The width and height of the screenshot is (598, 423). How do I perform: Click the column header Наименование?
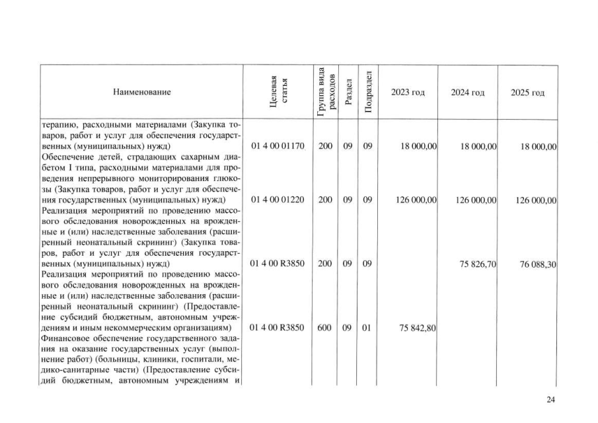pos(141,93)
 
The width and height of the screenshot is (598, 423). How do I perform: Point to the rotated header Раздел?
pos(347,93)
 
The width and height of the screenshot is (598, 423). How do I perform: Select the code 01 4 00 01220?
pos(278,200)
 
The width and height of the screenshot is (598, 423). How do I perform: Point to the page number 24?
pos(551,399)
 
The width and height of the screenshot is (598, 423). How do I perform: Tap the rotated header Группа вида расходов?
pos(325,92)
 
